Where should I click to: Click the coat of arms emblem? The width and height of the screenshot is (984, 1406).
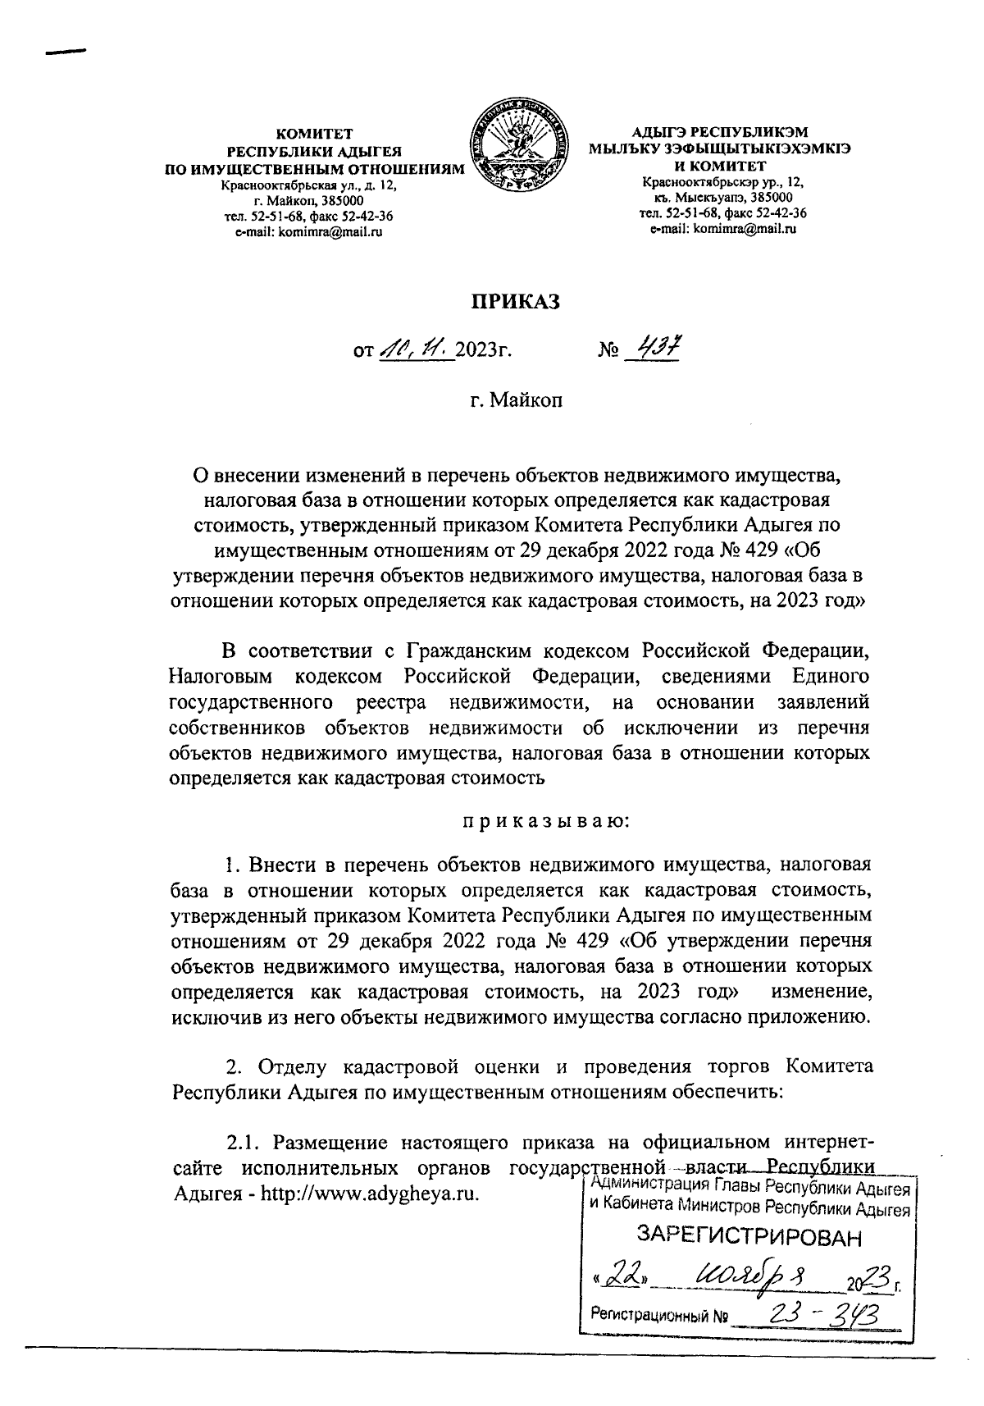522,149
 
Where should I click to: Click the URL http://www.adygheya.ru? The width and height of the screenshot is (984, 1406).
369,1192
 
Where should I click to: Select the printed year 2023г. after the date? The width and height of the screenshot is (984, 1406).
483,352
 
